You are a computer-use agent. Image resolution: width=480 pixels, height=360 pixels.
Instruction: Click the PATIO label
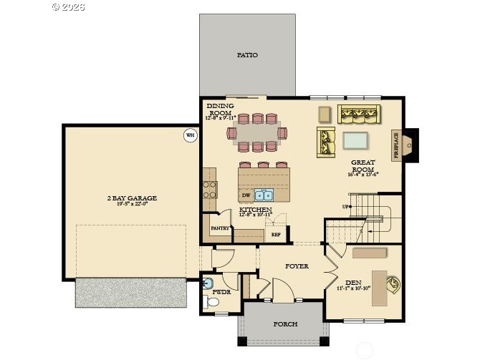point(247,54)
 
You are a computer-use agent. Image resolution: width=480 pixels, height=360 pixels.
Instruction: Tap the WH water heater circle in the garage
point(190,135)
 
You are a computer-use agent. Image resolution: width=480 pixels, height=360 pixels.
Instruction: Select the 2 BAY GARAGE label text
point(131,198)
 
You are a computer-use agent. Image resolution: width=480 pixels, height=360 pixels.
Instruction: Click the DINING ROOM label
point(220,110)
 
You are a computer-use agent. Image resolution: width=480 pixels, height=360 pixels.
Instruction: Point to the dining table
point(254,132)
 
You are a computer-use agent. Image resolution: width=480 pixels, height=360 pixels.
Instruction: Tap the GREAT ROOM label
point(363,166)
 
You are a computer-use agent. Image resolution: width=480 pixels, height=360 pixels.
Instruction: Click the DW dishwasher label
point(246,195)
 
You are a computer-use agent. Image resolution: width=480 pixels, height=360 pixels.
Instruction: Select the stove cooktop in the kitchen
point(210,190)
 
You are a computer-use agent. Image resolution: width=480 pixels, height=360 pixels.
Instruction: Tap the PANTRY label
point(220,228)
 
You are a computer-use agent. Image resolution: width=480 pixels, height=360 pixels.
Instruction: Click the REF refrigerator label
point(276,234)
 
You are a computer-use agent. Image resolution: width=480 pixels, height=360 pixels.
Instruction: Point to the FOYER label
point(297,266)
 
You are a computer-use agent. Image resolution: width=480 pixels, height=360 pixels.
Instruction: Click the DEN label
point(352,282)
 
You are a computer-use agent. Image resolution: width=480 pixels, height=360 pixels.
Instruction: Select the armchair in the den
point(393,284)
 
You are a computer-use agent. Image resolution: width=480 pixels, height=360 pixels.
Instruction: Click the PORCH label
point(285,324)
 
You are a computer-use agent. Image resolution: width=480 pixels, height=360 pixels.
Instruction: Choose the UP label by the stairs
point(345,207)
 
